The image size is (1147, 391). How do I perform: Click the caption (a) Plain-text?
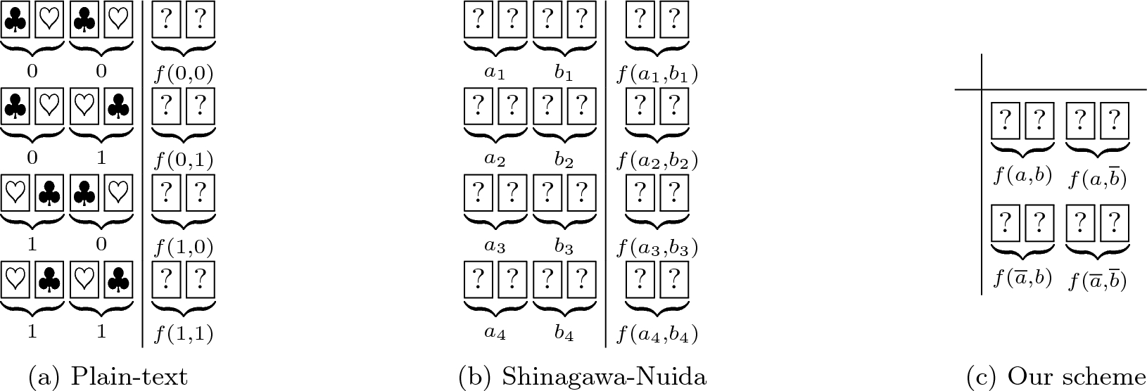point(108,378)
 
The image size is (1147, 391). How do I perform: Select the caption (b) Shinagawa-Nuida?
point(582,378)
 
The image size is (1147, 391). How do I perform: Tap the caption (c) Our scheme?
point(1056,378)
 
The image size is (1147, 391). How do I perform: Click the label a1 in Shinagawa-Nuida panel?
point(495,73)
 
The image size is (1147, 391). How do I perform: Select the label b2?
point(564,160)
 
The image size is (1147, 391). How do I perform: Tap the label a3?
point(495,247)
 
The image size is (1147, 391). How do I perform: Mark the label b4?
point(564,334)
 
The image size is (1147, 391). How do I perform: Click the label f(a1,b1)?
point(657,74)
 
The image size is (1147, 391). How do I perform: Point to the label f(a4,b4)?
point(657,335)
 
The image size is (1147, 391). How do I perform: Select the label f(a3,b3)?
point(657,248)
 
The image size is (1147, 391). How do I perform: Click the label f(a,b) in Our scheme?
point(1022,175)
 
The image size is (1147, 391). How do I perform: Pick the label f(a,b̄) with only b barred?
point(1098,178)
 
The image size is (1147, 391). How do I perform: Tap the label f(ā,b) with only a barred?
point(1022,278)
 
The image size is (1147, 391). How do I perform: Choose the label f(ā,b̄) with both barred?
point(1098,280)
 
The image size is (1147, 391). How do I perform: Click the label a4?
point(495,334)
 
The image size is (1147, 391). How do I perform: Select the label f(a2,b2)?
point(657,161)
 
